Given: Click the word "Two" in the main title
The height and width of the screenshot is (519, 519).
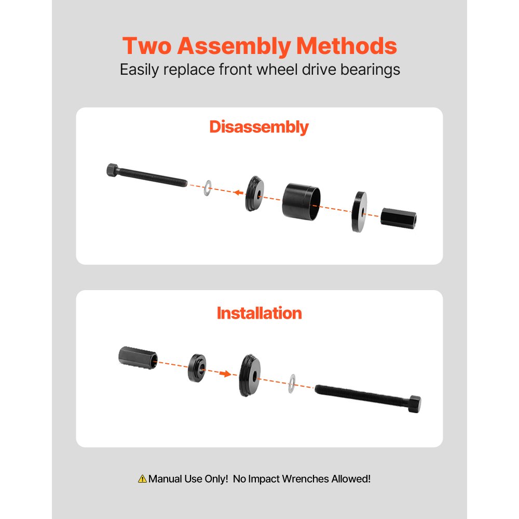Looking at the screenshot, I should (147, 46).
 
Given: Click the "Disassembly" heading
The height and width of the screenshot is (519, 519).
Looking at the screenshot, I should (259, 127).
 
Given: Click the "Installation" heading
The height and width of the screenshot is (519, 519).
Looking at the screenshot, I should (259, 313).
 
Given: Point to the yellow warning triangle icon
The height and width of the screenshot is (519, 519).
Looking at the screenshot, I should (142, 479).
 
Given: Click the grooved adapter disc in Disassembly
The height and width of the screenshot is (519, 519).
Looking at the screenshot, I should (254, 194).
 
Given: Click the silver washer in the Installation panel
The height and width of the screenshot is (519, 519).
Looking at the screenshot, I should (292, 383).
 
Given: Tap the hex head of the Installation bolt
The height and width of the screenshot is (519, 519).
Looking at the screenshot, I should (414, 404).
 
